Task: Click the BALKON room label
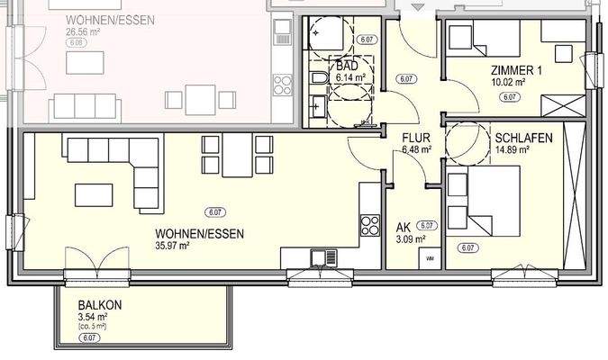[x=100, y=304]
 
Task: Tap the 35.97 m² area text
[x=176, y=244]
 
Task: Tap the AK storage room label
[x=404, y=227]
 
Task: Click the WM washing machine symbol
[x=429, y=258]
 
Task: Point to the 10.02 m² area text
[x=508, y=83]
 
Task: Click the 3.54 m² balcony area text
[x=94, y=317]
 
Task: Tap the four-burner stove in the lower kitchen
[x=369, y=220]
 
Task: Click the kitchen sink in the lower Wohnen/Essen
[x=320, y=258]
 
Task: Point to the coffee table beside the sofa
[x=94, y=194]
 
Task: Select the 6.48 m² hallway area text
[x=417, y=150]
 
